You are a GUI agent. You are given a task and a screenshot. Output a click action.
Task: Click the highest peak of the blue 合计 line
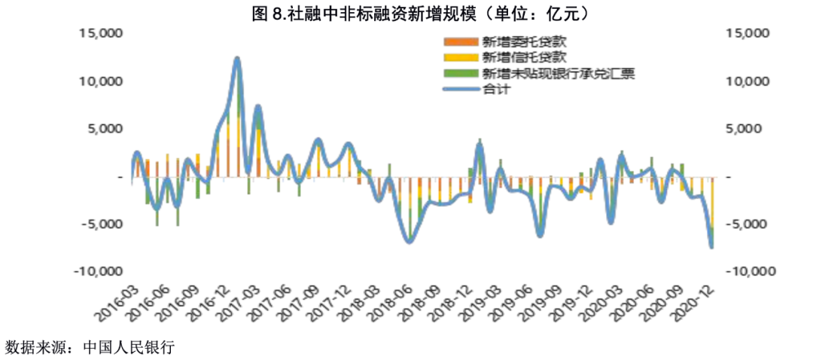pyautogui.click(x=237, y=58)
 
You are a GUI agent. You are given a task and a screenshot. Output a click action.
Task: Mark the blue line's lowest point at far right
pyautogui.click(x=711, y=246)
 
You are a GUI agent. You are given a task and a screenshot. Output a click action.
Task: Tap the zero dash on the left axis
pyautogui.click(x=120, y=176)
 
